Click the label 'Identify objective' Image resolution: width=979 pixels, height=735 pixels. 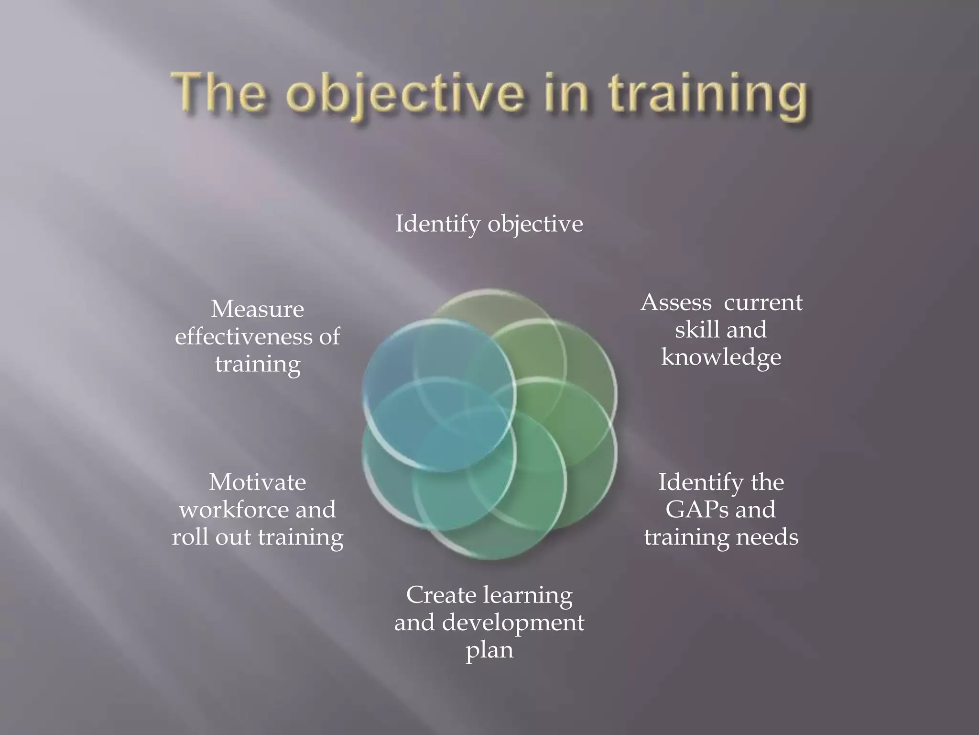[489, 224]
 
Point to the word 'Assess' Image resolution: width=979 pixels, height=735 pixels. [676, 302]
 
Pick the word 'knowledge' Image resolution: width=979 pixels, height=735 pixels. [721, 357]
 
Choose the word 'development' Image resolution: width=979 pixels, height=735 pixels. [513, 623]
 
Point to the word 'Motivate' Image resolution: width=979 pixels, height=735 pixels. [257, 482]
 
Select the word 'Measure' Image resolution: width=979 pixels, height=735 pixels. [257, 309]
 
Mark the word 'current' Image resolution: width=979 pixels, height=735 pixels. [763, 302]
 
